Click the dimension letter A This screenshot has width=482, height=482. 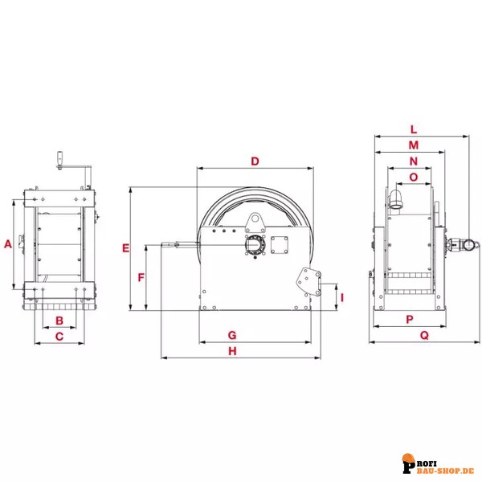pos(8,244)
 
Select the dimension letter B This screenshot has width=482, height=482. pos(59,321)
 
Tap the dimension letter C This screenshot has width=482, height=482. pos(59,337)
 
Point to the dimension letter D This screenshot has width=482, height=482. pos(255,161)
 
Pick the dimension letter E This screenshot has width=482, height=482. pos(126,248)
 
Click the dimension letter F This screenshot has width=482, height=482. pos(141,278)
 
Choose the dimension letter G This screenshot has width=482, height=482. pos(232,335)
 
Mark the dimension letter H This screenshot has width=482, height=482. pos(233,351)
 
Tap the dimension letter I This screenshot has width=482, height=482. pos(342,297)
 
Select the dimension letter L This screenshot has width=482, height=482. pos(414,129)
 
